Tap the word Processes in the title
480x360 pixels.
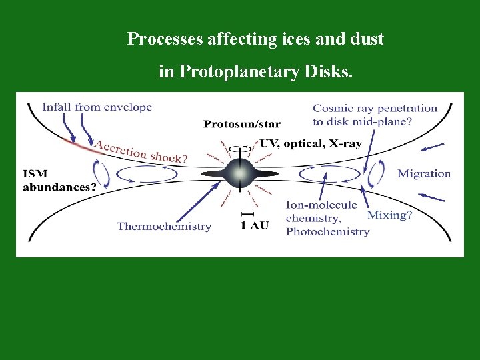tap(165, 39)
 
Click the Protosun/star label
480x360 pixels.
tap(242, 124)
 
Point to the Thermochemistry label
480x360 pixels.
tap(164, 226)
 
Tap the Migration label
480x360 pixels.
tap(424, 174)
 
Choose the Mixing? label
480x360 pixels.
tap(390, 215)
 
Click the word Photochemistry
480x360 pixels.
tap(327, 231)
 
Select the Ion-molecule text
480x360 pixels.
tap(322, 205)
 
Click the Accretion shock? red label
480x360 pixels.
tap(140, 152)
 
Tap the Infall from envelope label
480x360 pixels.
tap(97, 107)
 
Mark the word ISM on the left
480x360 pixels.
tap(35, 174)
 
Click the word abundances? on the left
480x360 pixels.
tap(59, 187)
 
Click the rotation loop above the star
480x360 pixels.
tap(240, 149)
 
